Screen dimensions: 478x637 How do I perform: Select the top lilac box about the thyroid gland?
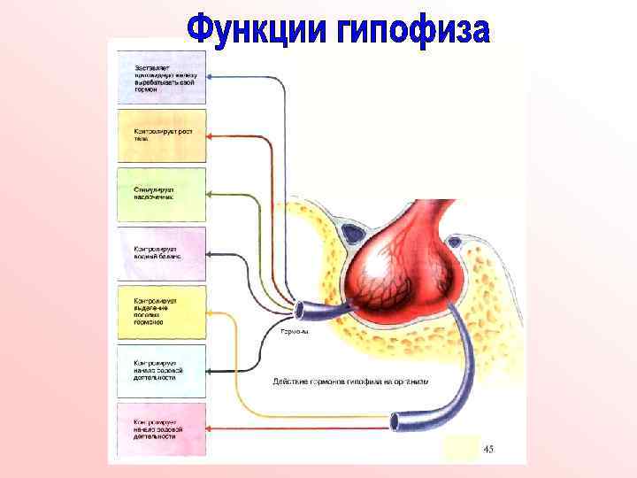(x=162, y=77)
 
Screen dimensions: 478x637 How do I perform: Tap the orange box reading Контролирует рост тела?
(x=162, y=135)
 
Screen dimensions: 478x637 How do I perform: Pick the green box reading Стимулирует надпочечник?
(x=162, y=194)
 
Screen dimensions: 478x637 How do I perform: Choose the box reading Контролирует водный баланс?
(x=162, y=254)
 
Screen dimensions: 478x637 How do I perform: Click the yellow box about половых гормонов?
(x=162, y=312)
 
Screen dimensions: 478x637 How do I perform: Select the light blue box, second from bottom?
(x=162, y=371)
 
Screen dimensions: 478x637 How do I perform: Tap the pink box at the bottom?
(x=162, y=430)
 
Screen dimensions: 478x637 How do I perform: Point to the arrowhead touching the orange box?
(x=211, y=136)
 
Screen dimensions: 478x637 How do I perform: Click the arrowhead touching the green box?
(x=211, y=194)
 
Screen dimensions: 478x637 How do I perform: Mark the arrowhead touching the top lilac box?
(x=211, y=78)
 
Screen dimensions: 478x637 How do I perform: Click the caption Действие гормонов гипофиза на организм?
(x=350, y=382)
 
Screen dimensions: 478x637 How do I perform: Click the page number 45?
(x=488, y=450)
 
